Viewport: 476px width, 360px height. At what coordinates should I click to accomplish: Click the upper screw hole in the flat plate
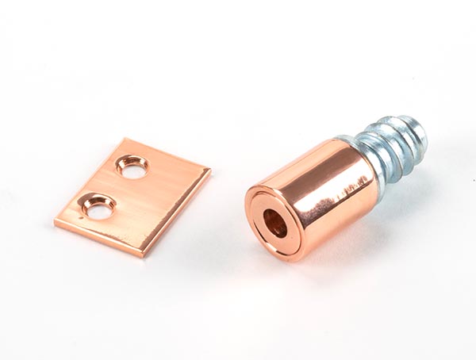[x=132, y=166]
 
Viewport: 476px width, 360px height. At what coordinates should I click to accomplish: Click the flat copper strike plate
[x=143, y=198]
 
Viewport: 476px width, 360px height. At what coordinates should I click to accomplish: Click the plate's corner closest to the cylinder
[x=209, y=170]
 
